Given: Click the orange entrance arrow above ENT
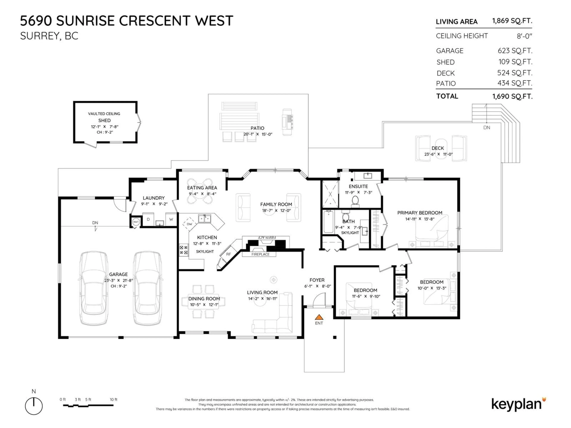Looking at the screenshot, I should [319, 317].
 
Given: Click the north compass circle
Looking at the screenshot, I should [34, 406].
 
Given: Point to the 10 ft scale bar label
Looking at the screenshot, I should [114, 399].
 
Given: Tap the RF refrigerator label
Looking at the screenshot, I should [228, 254].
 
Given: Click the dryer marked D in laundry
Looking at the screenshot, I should [148, 219].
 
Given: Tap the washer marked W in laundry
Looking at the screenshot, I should [171, 219].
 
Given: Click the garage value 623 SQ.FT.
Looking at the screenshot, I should [515, 51].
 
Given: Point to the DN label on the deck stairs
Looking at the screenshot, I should [487, 128].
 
